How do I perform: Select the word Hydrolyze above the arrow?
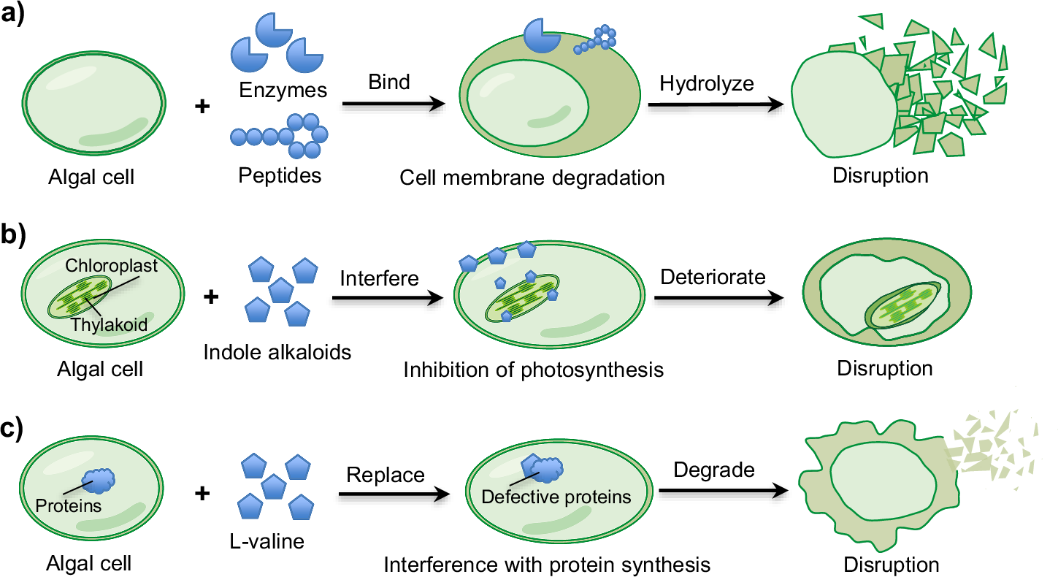coord(706,83)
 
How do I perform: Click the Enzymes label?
coord(282,90)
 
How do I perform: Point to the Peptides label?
coord(279,176)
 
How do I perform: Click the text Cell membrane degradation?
coord(532,177)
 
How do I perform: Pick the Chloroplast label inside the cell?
coord(111,265)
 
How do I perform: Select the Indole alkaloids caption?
coord(277,352)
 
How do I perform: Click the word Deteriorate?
coord(713,277)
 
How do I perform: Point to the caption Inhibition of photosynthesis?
coord(533,370)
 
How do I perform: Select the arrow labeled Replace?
coord(394,495)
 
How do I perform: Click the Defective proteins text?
coord(556,497)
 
